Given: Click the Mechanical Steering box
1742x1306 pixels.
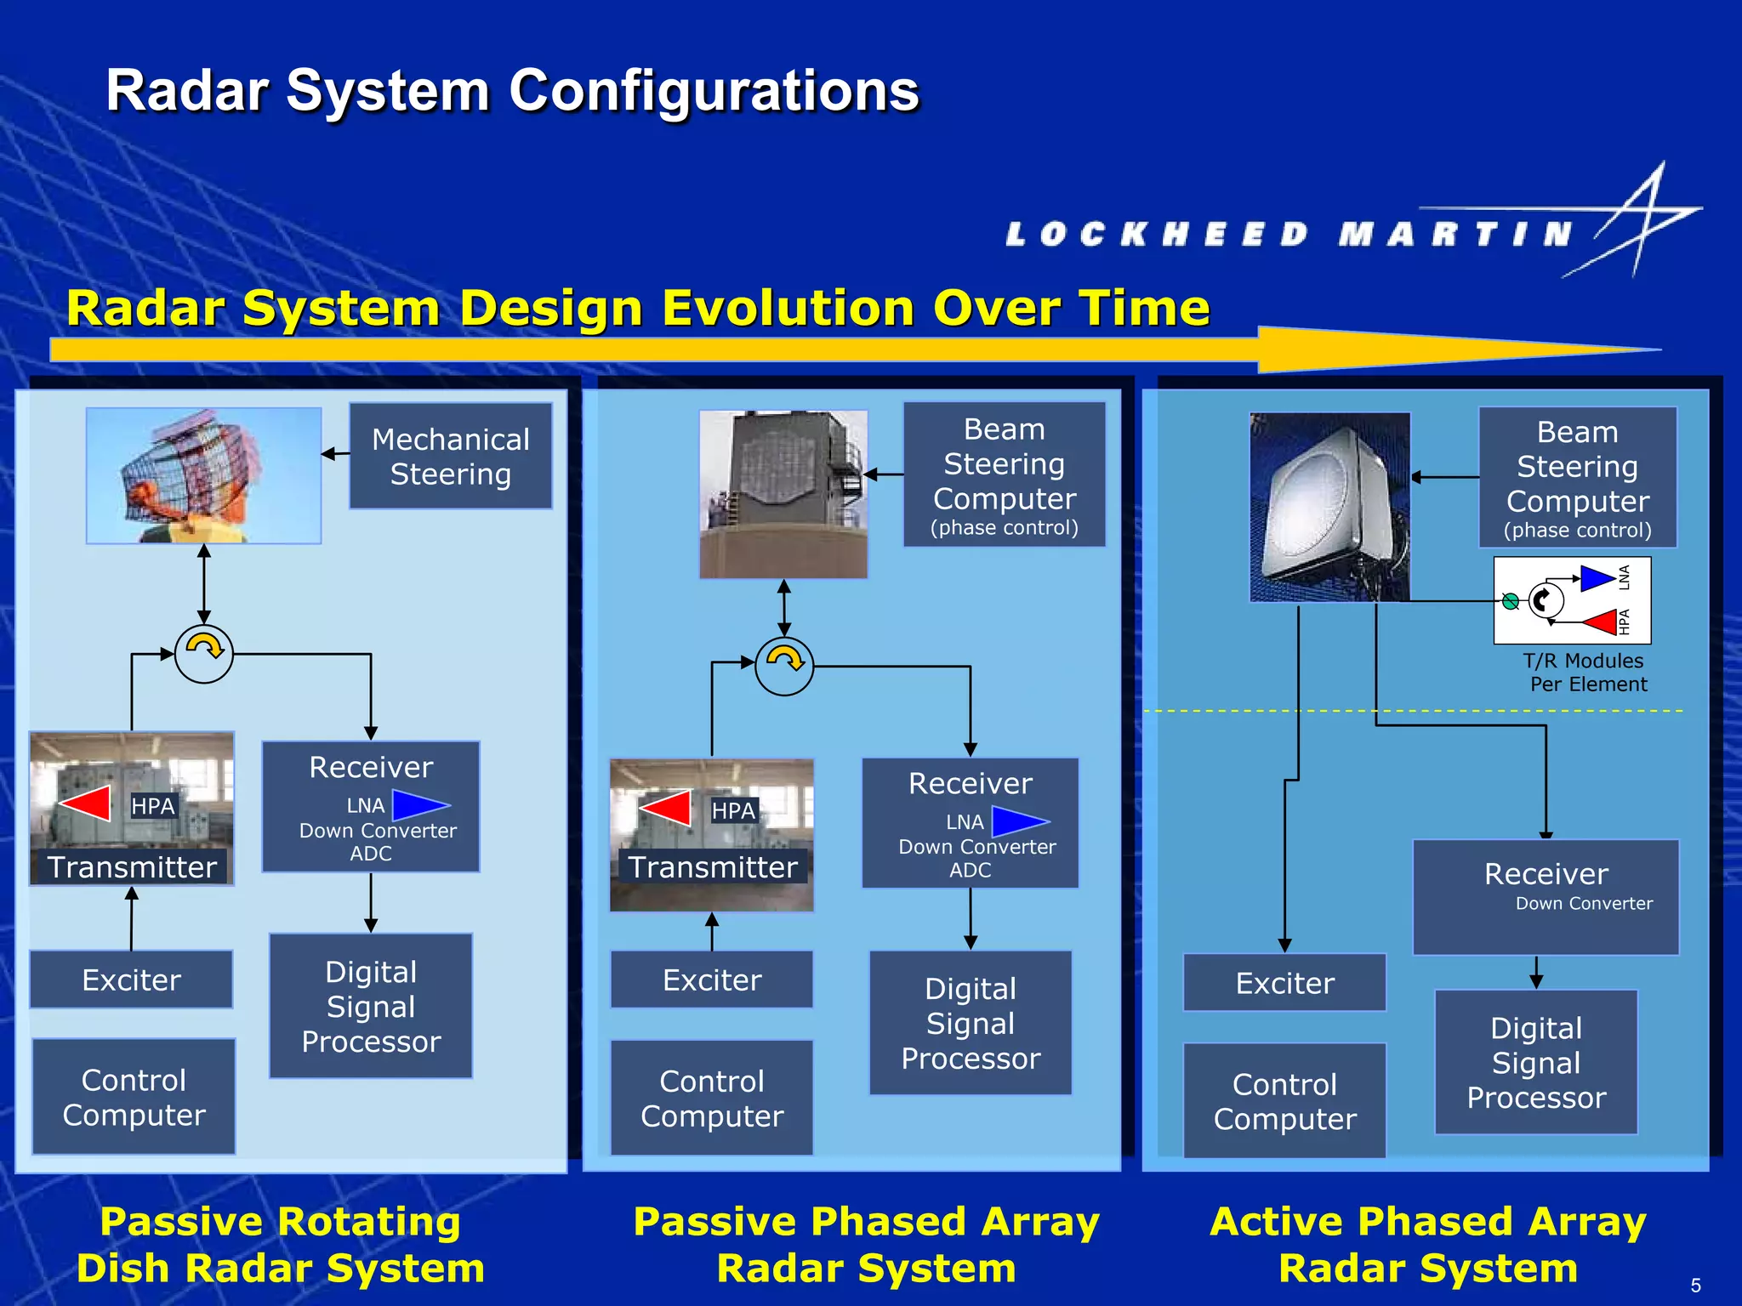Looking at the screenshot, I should (x=450, y=456).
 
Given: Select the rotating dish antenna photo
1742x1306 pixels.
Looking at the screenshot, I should (x=203, y=475).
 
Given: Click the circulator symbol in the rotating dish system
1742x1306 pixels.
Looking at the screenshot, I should (x=203, y=653).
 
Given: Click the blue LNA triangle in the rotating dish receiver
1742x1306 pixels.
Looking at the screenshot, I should (x=419, y=804).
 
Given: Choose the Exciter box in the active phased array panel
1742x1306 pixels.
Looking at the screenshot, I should (x=1284, y=983).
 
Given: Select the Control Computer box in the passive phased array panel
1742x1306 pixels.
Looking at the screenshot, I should (x=712, y=1098).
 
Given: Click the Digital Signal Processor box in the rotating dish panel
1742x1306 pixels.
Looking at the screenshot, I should (x=371, y=1006).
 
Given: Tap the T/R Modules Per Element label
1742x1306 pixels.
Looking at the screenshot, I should (x=1584, y=673).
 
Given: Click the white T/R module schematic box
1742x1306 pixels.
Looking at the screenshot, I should (x=1572, y=600).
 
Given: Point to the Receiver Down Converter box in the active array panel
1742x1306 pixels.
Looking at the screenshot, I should (x=1546, y=897).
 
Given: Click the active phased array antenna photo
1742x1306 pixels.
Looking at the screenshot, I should (x=1329, y=507).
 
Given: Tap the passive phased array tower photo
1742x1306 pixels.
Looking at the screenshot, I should (x=783, y=494).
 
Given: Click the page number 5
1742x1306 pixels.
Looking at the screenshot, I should (x=1695, y=1286).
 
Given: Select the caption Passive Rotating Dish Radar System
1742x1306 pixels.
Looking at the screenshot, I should (x=281, y=1245).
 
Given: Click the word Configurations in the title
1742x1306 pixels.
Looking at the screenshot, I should (x=714, y=91).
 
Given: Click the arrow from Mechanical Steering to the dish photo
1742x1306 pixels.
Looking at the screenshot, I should (x=335, y=454).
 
